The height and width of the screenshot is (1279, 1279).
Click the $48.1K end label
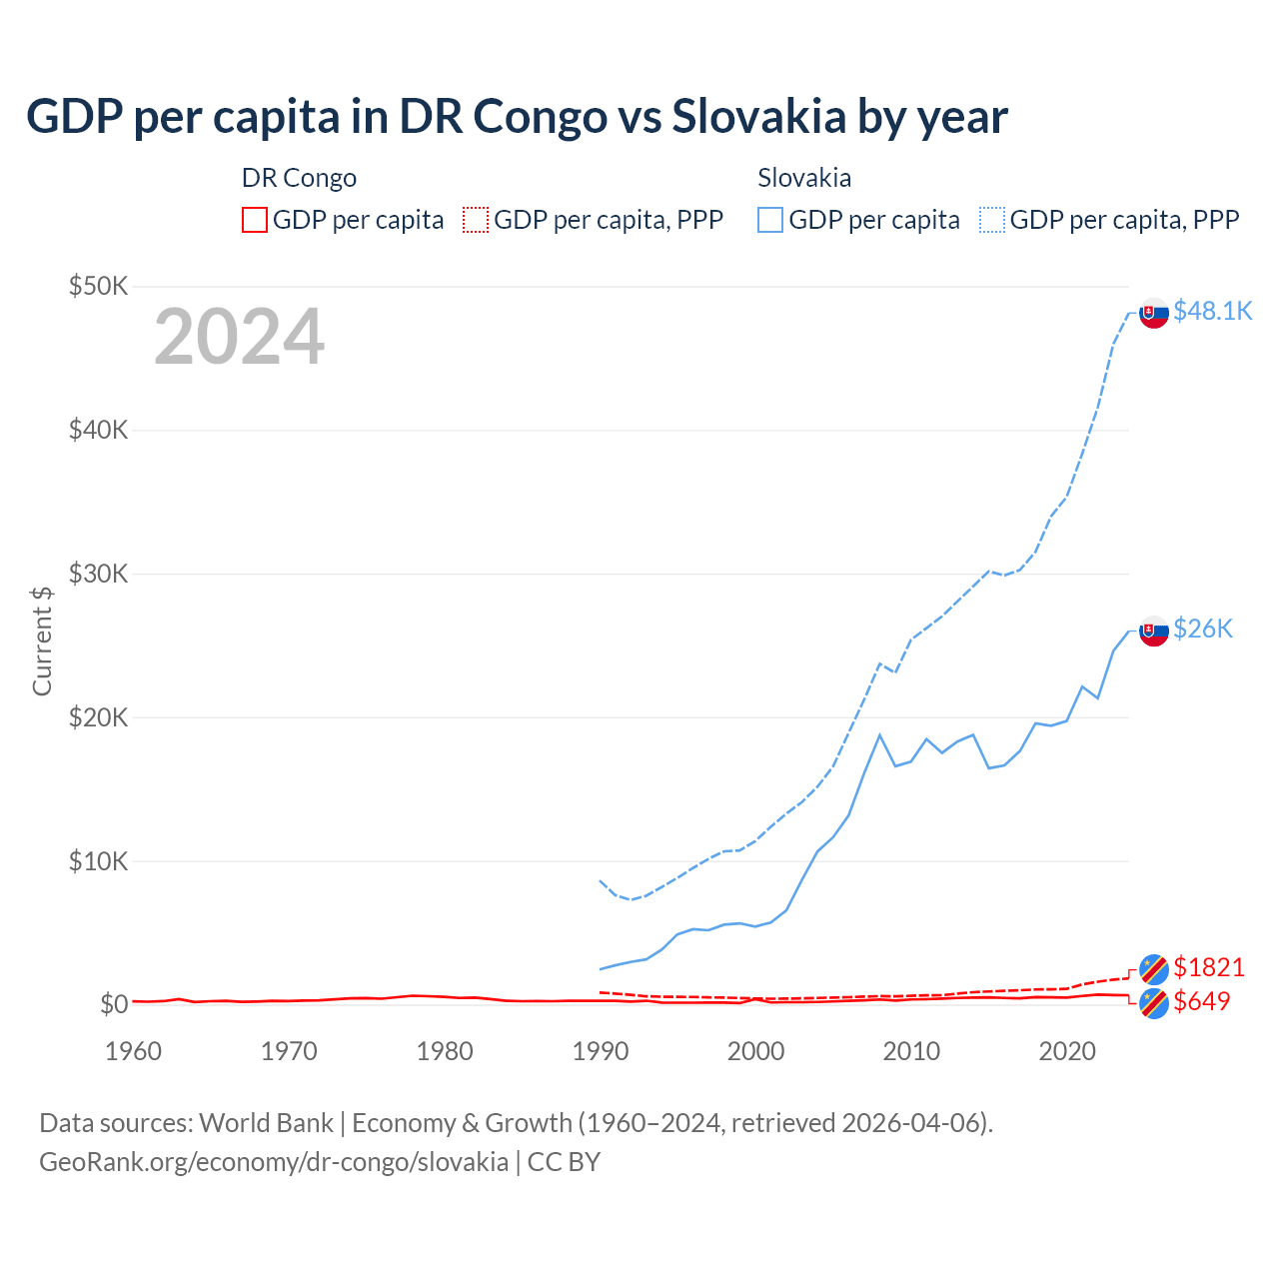coord(1212,311)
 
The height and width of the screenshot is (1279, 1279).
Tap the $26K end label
coord(1203,629)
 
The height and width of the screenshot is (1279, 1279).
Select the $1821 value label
coord(1208,967)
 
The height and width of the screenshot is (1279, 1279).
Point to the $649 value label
coord(1202,1001)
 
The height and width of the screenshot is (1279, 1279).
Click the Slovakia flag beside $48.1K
coord(1154,313)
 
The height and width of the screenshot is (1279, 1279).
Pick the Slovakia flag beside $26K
coord(1154,631)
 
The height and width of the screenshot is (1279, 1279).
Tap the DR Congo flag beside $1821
coord(1154,968)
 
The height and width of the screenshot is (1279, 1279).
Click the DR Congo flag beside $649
coord(1154,1003)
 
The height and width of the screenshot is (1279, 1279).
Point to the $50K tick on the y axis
coord(98,287)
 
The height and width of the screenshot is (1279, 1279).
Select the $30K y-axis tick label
coord(98,574)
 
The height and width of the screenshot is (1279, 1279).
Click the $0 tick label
coord(114,1004)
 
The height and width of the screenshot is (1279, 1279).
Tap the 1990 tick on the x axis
coord(601,1051)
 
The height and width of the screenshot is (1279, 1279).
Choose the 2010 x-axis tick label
coord(911,1051)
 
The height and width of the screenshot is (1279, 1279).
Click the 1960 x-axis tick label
coord(134,1051)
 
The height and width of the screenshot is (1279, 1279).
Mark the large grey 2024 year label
coord(239,337)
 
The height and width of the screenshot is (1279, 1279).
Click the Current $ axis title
coord(42,640)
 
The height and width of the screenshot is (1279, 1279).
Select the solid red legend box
coord(255,220)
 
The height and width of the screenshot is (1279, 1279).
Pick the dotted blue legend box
coord(992,220)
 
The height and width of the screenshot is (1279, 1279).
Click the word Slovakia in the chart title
coord(758,116)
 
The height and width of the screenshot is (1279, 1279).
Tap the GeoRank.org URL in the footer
coord(274,1162)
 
